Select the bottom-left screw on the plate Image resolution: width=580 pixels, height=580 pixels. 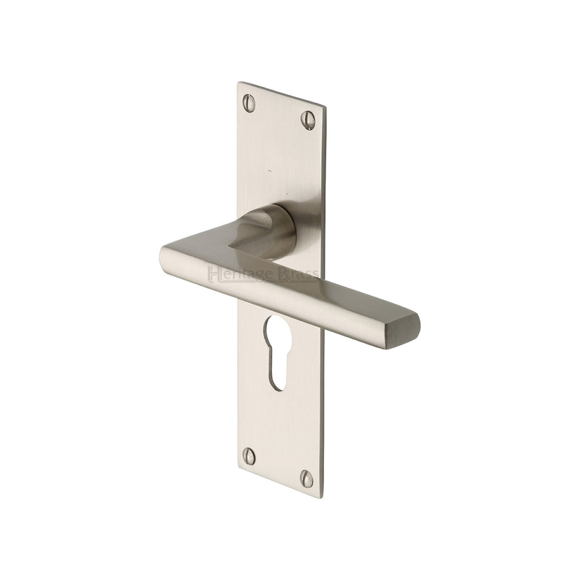249,456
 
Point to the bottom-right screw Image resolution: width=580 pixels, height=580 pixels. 307,478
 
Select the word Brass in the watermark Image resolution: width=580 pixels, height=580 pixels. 298,275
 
